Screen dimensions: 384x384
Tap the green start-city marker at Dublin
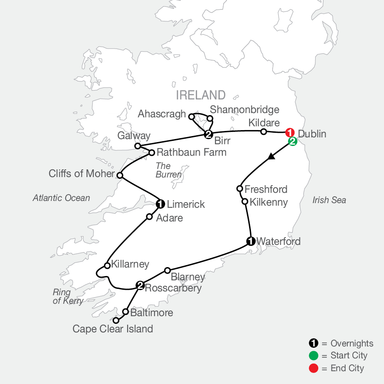[x=293, y=142]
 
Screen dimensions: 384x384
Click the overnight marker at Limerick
[x=160, y=204]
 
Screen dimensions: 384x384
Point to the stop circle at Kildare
[x=264, y=131]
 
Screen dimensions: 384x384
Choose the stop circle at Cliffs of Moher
[x=120, y=175]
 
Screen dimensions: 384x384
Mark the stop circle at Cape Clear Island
[x=116, y=320]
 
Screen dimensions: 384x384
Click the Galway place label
[x=134, y=136]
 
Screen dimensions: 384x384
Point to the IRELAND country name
[x=200, y=95]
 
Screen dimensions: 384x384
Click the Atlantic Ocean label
[x=61, y=198]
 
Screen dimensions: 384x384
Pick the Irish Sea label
[x=329, y=200]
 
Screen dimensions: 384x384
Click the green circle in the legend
[x=314, y=355]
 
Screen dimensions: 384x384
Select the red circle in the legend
[x=314, y=368]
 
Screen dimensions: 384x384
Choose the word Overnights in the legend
[x=352, y=343]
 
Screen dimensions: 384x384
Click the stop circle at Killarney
[x=108, y=265]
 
